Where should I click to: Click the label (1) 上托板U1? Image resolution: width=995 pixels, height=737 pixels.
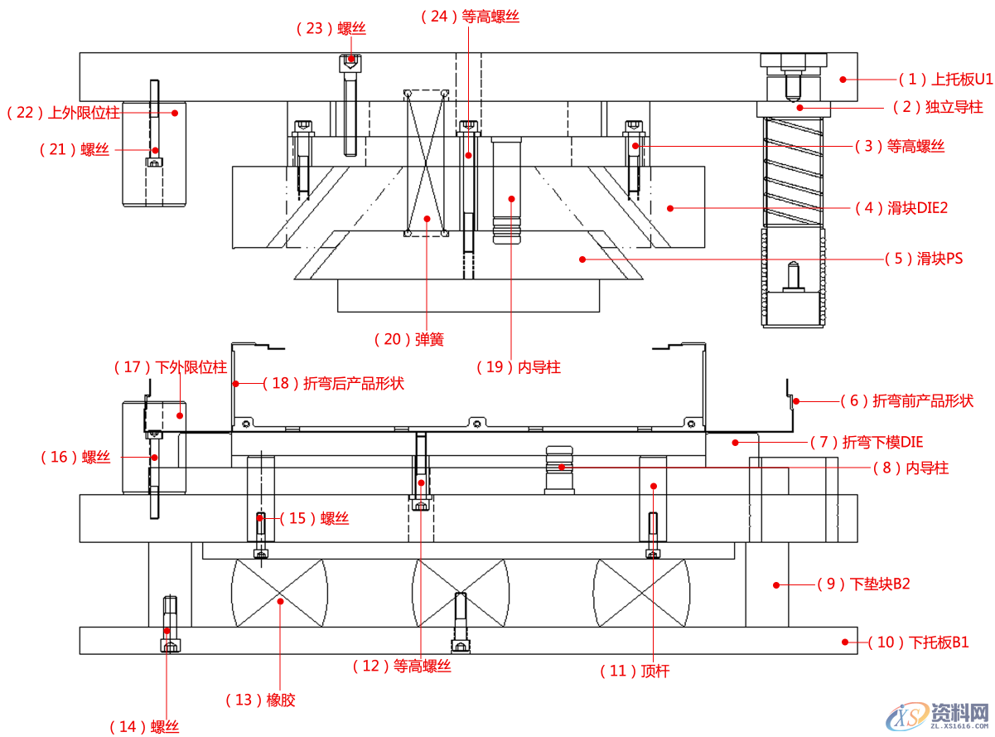coord(945,80)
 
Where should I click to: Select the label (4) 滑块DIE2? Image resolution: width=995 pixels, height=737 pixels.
coord(906,208)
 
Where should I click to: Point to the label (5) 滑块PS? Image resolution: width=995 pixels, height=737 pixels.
coord(924,259)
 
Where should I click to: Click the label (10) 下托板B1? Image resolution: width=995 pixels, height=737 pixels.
coord(918,642)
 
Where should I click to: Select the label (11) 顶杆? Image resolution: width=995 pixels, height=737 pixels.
coord(634,672)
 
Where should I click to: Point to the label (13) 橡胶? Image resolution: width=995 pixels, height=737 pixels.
coord(260,701)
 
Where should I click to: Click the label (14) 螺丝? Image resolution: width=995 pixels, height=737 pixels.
coord(144,727)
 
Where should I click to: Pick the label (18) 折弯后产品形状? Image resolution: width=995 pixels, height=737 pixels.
coord(333,384)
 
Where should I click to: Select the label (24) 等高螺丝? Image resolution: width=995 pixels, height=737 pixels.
coord(471,16)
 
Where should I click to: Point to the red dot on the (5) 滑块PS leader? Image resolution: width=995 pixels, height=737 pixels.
coord(582,259)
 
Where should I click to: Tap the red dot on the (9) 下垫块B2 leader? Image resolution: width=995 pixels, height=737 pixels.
coord(776,584)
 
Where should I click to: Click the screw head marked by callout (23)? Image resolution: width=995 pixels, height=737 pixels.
coord(351,59)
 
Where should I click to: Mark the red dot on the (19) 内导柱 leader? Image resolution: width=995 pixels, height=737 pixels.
coord(512,198)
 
